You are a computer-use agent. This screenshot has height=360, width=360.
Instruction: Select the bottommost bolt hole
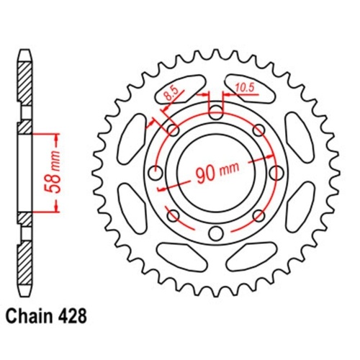tap(216, 233)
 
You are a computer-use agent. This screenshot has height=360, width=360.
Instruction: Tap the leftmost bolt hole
tap(156, 172)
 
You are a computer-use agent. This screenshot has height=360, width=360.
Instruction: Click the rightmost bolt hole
tap(276, 172)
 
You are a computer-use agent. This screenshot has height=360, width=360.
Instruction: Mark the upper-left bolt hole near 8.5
tap(173, 130)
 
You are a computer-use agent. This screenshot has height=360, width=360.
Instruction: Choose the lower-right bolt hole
tap(258, 215)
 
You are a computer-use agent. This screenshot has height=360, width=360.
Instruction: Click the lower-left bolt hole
tap(173, 215)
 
